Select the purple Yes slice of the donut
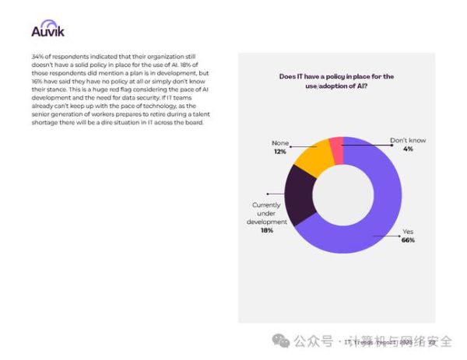click(381, 210)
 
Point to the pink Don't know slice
click(336, 145)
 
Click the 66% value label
click(408, 240)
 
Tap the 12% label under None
click(279, 152)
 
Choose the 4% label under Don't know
click(408, 149)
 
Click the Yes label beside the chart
click(407, 232)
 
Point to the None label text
click(279, 143)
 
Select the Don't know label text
click(408, 141)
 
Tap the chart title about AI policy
click(336, 82)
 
